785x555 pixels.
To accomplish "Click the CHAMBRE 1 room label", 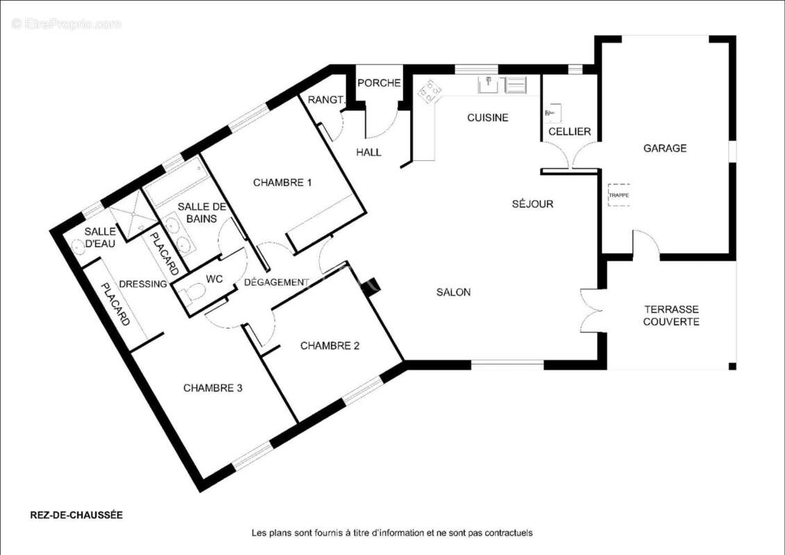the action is [x=282, y=182].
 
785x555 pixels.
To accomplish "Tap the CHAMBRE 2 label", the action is [x=330, y=345].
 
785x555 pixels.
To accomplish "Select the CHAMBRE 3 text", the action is [x=213, y=388].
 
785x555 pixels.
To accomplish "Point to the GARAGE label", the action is [x=665, y=148].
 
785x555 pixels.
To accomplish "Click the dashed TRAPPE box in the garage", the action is [x=619, y=195].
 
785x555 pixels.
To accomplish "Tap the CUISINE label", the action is [x=488, y=118].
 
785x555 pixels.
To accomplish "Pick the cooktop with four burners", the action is [x=430, y=92].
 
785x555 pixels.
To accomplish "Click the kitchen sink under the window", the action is [x=488, y=85].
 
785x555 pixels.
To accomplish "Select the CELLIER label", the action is [x=570, y=132].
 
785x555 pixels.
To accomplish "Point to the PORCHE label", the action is [x=379, y=83].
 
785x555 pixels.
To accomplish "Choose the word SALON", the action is [x=453, y=292].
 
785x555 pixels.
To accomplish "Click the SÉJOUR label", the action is [x=532, y=204].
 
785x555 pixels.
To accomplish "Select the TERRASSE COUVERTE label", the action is [x=671, y=315].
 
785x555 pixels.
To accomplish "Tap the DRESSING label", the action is [x=143, y=284].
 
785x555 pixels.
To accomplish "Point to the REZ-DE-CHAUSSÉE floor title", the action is [x=76, y=515].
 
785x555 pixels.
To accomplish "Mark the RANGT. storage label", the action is [x=326, y=100].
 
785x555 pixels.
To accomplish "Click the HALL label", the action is [x=369, y=152].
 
